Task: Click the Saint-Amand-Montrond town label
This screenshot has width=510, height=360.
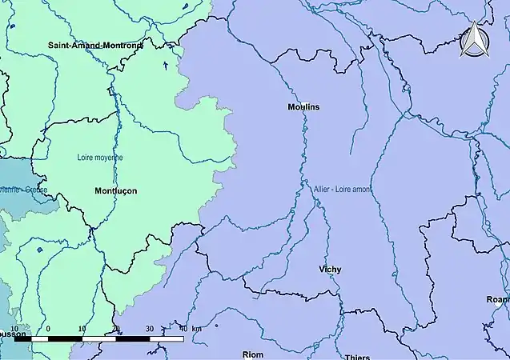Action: (x=94, y=46)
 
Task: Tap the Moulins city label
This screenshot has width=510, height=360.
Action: (x=303, y=106)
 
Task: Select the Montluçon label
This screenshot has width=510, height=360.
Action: (x=115, y=191)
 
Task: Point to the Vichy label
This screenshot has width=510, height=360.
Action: (x=329, y=270)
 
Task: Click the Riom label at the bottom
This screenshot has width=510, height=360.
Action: (x=252, y=354)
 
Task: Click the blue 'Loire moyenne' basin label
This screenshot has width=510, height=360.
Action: (x=100, y=158)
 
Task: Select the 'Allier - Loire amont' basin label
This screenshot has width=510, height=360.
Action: (x=343, y=188)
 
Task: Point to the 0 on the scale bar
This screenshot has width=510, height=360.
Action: (x=48, y=329)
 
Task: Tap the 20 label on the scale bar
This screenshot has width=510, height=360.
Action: (x=115, y=329)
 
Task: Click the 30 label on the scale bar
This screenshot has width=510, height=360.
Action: (x=150, y=329)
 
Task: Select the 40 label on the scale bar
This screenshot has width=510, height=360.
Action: (x=183, y=329)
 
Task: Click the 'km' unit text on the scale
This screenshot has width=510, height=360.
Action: (x=197, y=329)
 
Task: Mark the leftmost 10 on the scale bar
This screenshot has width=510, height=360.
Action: (x=14, y=329)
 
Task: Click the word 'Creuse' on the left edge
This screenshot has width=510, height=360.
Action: (x=36, y=190)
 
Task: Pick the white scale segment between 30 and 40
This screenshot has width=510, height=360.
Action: (x=167, y=338)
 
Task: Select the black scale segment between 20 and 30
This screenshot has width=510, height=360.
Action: (x=133, y=338)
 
